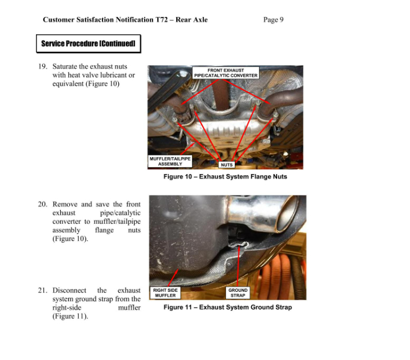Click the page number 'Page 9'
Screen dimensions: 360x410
click(273, 20)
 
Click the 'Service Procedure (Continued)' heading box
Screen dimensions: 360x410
click(88, 43)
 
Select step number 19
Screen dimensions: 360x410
click(42, 66)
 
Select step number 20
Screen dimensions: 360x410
click(42, 204)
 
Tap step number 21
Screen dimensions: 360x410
click(42, 291)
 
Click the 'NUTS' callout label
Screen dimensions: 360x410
click(226, 165)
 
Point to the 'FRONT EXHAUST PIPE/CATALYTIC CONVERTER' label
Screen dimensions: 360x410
click(225, 73)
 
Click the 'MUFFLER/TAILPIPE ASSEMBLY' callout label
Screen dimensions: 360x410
click(170, 161)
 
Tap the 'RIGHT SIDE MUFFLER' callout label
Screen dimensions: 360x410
click(166, 293)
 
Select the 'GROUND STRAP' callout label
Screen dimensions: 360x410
click(238, 293)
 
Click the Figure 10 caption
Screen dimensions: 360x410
click(225, 176)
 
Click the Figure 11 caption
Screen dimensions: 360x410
click(228, 307)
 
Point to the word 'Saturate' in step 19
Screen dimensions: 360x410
click(66, 66)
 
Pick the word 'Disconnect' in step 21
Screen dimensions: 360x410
click(71, 291)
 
